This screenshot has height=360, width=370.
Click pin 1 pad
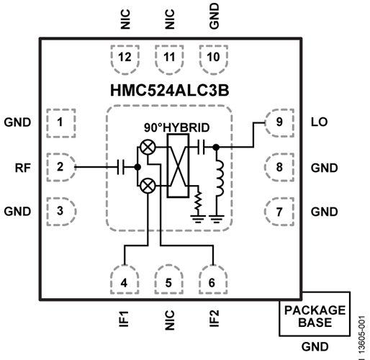(60, 122)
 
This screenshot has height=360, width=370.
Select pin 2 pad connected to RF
(60, 166)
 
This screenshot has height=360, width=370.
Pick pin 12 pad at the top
(125, 58)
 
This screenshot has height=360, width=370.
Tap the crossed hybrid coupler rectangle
(176, 166)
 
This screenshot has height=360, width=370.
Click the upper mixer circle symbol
(148, 147)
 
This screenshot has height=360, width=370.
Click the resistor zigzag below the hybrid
(196, 199)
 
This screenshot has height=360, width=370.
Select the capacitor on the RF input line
(119, 166)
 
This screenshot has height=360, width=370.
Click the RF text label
(22, 166)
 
